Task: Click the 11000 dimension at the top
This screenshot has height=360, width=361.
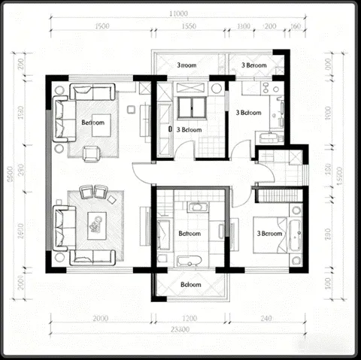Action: pos(177,14)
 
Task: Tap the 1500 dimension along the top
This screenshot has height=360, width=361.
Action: pos(103,26)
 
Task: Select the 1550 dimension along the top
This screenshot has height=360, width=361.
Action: pos(189,26)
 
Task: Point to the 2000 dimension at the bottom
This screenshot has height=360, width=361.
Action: pos(99,319)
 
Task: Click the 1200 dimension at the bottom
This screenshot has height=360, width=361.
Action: pos(190,319)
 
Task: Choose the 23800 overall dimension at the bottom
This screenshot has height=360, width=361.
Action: pos(180,330)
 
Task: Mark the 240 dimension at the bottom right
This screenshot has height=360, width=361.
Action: pos(266,319)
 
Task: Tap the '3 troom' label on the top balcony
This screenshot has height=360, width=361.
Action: pos(187,65)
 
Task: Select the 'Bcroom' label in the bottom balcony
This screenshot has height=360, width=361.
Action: pos(191,285)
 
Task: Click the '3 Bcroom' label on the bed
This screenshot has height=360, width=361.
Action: pos(269,234)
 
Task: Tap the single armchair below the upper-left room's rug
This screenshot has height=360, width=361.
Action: pos(92,153)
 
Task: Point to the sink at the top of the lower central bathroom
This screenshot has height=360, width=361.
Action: pos(199,206)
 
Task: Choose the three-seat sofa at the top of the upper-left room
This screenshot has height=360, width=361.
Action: pos(93,92)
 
